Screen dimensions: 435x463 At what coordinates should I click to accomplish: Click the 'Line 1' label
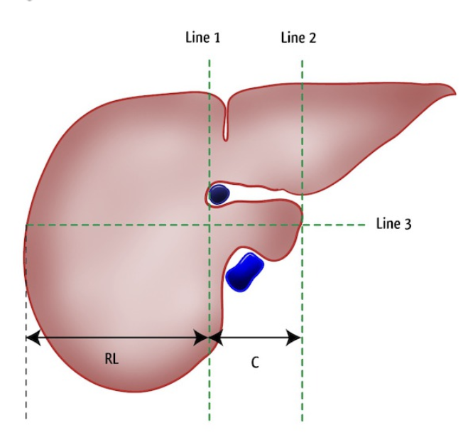pos(202,38)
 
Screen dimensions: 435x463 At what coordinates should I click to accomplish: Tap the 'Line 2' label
pos(298,38)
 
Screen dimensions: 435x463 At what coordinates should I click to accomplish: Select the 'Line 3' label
pos(393,224)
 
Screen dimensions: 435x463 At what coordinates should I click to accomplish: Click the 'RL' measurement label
pos(111,359)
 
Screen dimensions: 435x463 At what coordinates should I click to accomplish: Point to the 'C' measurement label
pos(255,362)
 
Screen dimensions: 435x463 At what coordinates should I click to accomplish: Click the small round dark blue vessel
pos(219,194)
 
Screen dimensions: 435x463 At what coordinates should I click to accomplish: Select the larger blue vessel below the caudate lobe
pos(244,271)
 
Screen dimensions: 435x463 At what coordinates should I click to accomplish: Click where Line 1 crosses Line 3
pos(209,225)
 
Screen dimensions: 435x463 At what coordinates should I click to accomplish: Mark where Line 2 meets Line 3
pos(302,225)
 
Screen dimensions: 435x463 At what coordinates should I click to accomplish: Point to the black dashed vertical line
pos(26,384)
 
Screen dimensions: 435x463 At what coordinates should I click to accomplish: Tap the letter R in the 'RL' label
pos(108,359)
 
